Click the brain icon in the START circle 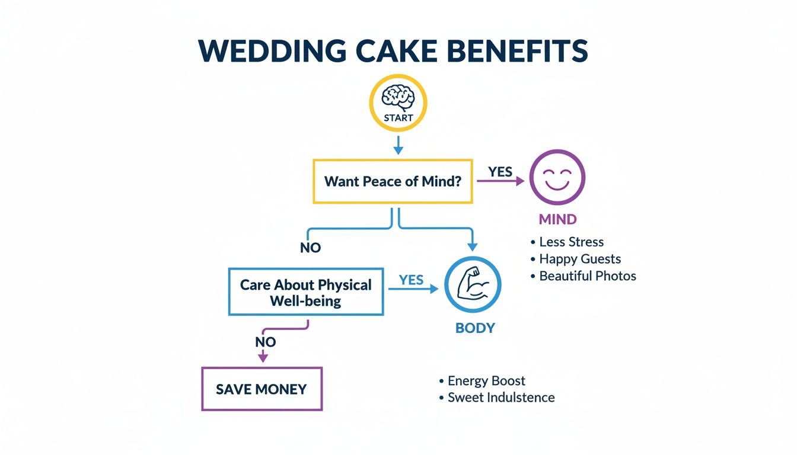pos(398,97)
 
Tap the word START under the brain pos(398,118)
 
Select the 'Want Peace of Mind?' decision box pos(393,181)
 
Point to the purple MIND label pos(557,219)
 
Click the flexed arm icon pos(473,286)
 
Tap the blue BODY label pos(475,328)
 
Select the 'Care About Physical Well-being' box pos(305,292)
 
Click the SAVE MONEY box pos(262,389)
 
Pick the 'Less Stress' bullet pos(571,242)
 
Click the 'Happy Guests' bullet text pos(579,259)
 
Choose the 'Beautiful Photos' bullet pos(587,276)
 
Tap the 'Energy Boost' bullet pos(486,381)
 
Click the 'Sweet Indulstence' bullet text pos(500,398)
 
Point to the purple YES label pos(500,172)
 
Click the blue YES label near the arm pos(411,280)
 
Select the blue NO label pos(310,248)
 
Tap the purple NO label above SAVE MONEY pos(265,342)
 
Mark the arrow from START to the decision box pos(398,145)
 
